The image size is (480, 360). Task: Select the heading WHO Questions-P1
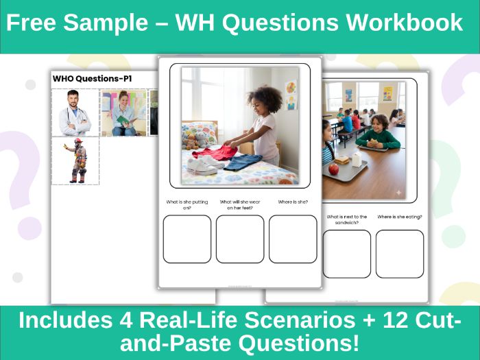[92, 79]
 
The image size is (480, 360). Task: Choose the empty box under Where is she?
[293, 239]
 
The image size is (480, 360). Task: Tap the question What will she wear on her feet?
[240, 204]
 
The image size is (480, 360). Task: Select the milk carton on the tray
[355, 160]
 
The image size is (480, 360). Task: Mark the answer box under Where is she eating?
[400, 253]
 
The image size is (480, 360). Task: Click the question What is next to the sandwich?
[347, 219]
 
